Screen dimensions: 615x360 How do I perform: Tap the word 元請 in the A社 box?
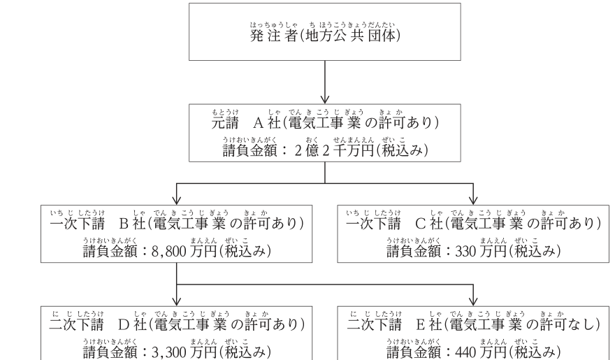[x=225, y=123]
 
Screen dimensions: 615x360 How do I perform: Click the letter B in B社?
[x=124, y=224]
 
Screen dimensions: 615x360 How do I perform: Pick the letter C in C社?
[x=421, y=224]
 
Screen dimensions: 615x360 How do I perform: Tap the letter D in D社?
[x=124, y=325]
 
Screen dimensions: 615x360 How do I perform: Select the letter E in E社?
[x=421, y=325]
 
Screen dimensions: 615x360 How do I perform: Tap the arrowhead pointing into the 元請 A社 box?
[x=325, y=99]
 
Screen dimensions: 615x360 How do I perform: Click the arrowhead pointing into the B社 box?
[x=177, y=200]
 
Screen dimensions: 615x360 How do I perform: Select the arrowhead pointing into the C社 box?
[x=473, y=200]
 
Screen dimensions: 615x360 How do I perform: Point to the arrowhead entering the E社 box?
[x=473, y=301]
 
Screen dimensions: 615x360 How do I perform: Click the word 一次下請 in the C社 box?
[x=373, y=224]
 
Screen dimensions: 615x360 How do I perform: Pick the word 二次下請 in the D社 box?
[x=76, y=325]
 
